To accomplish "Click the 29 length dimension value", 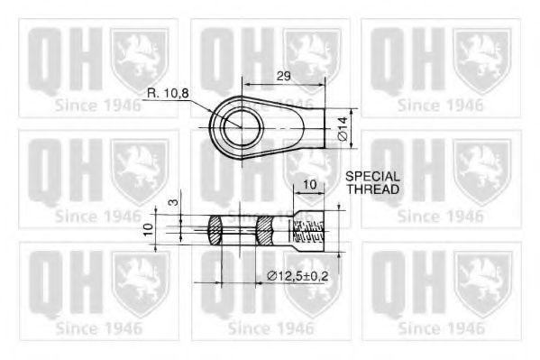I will pyautogui.click(x=283, y=77).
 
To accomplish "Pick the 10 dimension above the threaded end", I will pyautogui.click(x=309, y=185).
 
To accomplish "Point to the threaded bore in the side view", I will pyautogui.click(x=308, y=233).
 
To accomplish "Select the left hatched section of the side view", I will pyautogui.click(x=218, y=232).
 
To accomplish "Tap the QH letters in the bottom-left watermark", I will pyautogui.click(x=59, y=283).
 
